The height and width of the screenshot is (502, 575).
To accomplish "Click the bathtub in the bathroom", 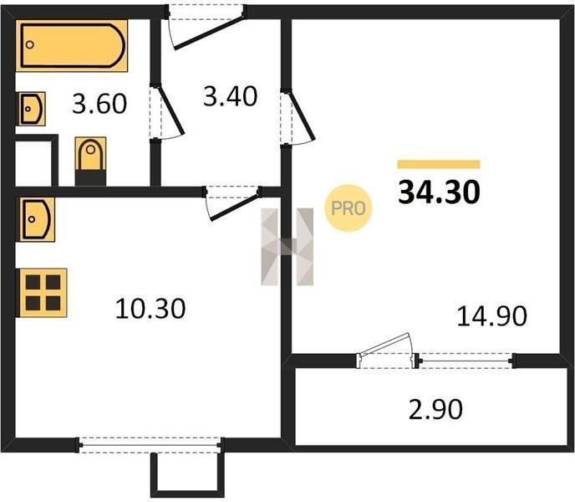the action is [x=72, y=45].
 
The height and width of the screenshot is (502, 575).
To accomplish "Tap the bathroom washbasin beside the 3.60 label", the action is [x=32, y=109].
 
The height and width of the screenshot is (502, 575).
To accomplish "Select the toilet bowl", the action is [x=90, y=161].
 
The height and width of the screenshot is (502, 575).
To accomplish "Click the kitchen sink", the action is [x=37, y=219].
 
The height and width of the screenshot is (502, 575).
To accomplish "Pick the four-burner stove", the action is [x=43, y=293].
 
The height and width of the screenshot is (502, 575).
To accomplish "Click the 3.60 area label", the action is [x=99, y=104].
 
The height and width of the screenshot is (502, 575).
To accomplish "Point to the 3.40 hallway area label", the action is [x=231, y=96].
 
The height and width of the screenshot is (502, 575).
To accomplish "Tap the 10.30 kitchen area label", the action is [x=150, y=309].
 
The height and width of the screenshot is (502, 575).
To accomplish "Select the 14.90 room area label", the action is [x=491, y=315].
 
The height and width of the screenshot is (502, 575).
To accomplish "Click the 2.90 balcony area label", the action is [x=435, y=409].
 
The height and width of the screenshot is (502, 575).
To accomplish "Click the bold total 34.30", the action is [x=439, y=192].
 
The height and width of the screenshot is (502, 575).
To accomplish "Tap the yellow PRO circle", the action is [x=348, y=208].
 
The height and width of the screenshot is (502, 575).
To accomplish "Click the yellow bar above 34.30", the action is [x=439, y=164].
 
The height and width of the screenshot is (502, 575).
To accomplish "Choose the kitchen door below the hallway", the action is [x=232, y=202].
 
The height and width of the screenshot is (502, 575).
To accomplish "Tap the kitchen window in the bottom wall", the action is [x=150, y=445].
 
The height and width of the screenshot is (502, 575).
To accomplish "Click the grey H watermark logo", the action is [x=287, y=247].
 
